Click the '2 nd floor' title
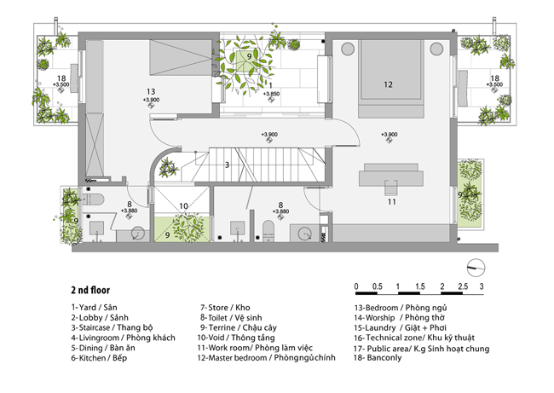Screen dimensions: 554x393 click(x=90, y=290)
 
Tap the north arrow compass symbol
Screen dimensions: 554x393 click(x=476, y=268)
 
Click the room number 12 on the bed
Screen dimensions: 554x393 click(x=388, y=84)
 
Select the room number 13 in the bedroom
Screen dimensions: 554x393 click(x=151, y=92)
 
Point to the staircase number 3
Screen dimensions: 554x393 click(x=228, y=165)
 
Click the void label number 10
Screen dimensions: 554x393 click(x=183, y=206)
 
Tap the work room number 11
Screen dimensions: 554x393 click(x=391, y=202)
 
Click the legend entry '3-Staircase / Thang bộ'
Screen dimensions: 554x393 click(x=112, y=327)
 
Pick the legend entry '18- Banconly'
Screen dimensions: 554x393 click(x=378, y=358)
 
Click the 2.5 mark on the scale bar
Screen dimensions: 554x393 click(x=463, y=286)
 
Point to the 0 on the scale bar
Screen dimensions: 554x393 click(x=356, y=286)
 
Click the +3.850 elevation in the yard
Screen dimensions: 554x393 click(x=271, y=94)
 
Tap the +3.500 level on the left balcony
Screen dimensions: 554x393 click(x=61, y=84)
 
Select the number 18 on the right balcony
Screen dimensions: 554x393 click(x=494, y=78)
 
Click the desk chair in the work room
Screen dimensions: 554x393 click(x=390, y=188)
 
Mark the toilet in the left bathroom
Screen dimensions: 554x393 click(x=93, y=199)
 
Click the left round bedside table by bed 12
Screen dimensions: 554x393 click(x=348, y=49)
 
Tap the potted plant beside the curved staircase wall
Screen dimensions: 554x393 click(x=168, y=168)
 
